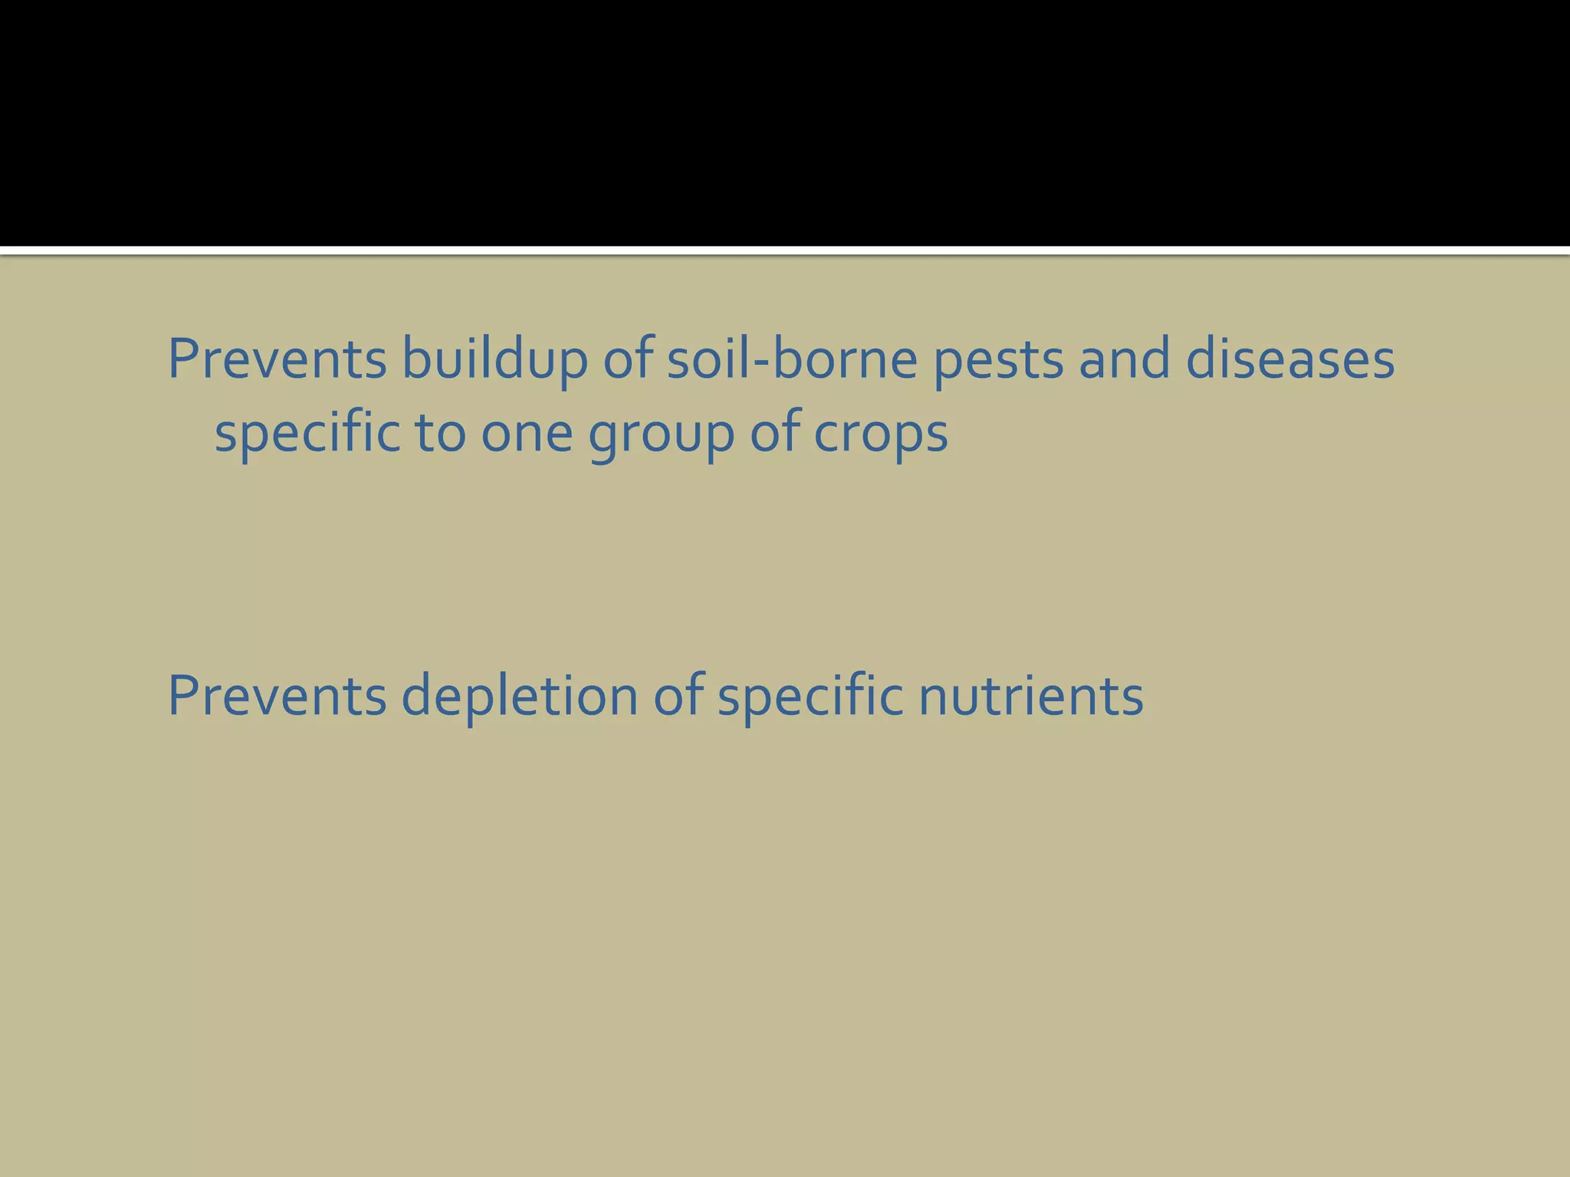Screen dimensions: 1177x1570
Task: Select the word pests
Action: [998, 360]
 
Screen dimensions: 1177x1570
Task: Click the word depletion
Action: [519, 697]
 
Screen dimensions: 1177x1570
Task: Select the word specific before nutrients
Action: [810, 697]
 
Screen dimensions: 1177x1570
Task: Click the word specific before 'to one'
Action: [307, 434]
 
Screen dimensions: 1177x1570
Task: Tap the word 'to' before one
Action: [440, 434]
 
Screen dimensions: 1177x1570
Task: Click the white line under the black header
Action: [785, 251]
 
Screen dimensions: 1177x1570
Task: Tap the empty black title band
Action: [785, 123]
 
